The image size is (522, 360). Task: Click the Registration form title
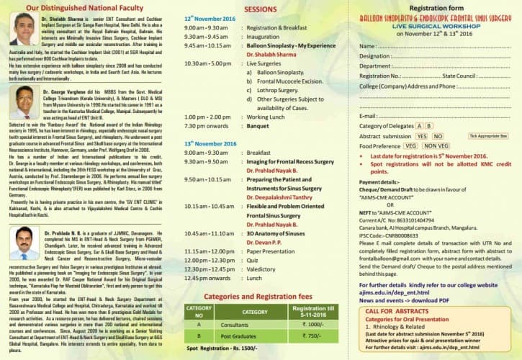pos(439,6)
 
